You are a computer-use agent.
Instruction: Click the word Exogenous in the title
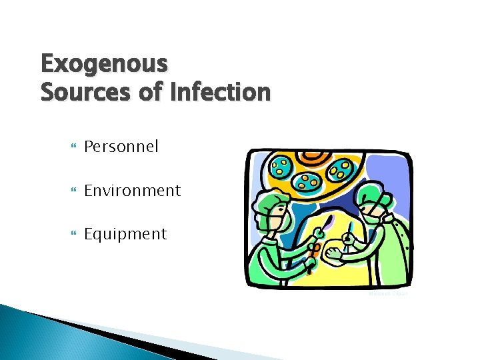click(104, 65)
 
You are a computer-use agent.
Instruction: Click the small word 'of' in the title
click(151, 92)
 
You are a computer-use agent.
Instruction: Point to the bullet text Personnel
click(121, 147)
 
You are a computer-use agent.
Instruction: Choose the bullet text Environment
click(132, 191)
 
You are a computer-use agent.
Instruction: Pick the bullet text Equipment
click(125, 234)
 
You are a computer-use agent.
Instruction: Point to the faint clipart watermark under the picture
click(389, 293)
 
